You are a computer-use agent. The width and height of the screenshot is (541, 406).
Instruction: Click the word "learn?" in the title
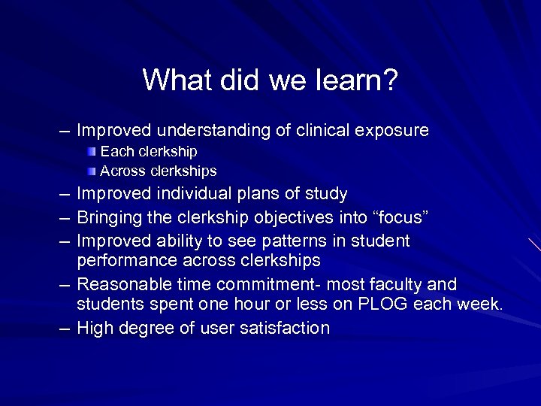[x=356, y=80]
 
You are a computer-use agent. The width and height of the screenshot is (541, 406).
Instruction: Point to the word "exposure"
[x=393, y=131]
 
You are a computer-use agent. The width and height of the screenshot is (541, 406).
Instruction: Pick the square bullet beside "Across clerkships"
[x=92, y=171]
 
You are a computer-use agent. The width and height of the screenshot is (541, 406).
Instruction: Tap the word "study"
[x=326, y=194]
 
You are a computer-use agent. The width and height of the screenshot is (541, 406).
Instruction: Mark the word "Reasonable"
[x=118, y=284]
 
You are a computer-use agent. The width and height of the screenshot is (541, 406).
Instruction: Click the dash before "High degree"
[x=65, y=328]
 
